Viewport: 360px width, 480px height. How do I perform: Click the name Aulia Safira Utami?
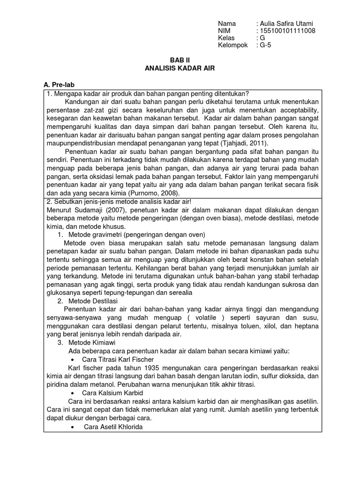287,23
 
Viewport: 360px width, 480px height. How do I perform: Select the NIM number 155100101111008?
288,31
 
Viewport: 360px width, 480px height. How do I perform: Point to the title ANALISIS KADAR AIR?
180,68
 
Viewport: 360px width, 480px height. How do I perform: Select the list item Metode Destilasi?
93,300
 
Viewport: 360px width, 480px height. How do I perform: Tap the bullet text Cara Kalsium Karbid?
112,393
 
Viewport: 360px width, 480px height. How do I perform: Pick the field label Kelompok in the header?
232,45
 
